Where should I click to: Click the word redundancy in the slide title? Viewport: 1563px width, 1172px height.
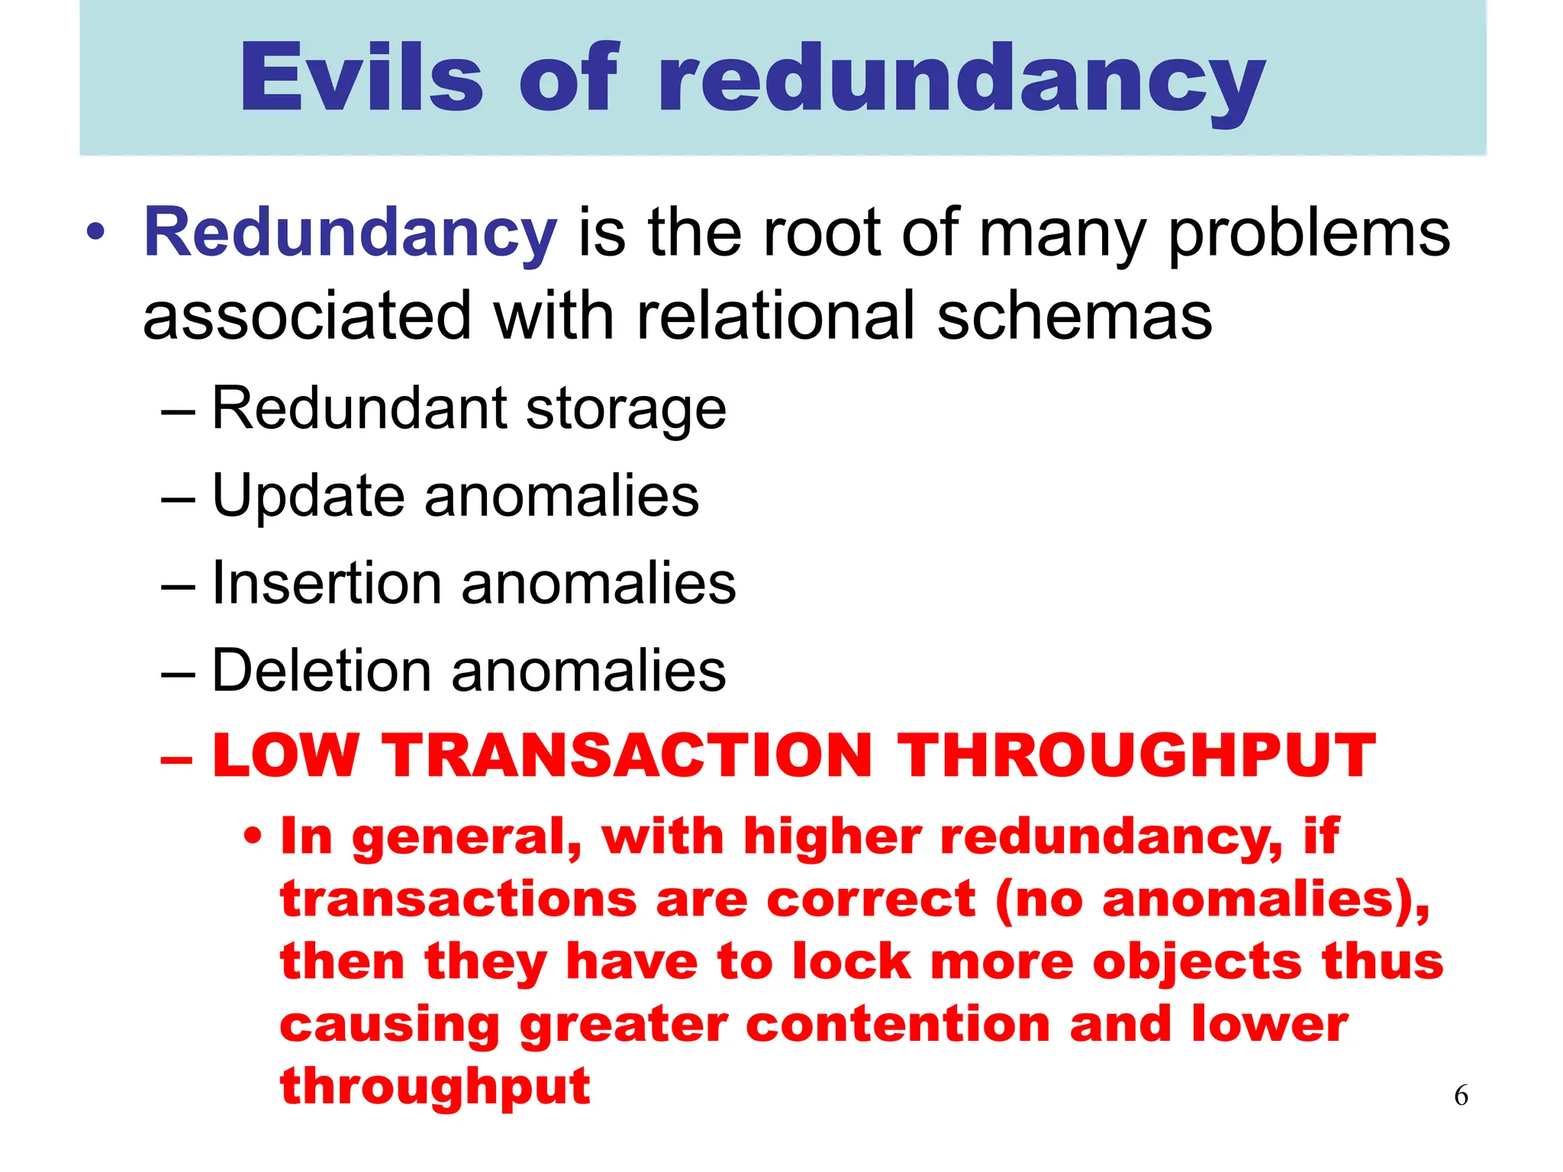pyautogui.click(x=961, y=81)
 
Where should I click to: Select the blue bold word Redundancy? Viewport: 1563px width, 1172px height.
pyautogui.click(x=350, y=233)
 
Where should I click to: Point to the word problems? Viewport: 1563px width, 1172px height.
pyautogui.click(x=1308, y=233)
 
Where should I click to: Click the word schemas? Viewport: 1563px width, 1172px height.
pyautogui.click(x=1074, y=316)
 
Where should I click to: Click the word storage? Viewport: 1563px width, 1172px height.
pyautogui.click(x=626, y=410)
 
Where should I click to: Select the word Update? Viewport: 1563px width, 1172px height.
pyautogui.click(x=308, y=497)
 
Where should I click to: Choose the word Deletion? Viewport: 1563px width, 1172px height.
pyautogui.click(x=321, y=671)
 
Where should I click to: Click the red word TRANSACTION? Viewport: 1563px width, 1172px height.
pyautogui.click(x=626, y=755)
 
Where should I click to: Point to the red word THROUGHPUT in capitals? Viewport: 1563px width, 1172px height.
pyautogui.click(x=1136, y=755)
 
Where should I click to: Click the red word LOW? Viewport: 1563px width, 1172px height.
pyautogui.click(x=285, y=755)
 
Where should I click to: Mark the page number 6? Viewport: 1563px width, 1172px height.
pyautogui.click(x=1461, y=1096)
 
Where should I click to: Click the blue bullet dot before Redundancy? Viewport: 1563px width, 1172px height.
pyautogui.click(x=95, y=232)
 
